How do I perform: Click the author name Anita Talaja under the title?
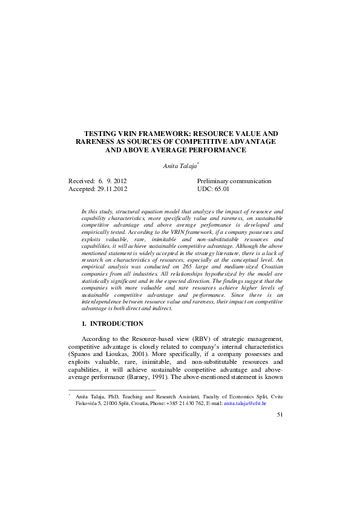pos(180,166)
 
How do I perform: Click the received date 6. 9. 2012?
pos(112,181)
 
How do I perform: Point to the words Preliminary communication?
pos(234,181)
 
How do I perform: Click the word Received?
pos(81,181)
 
